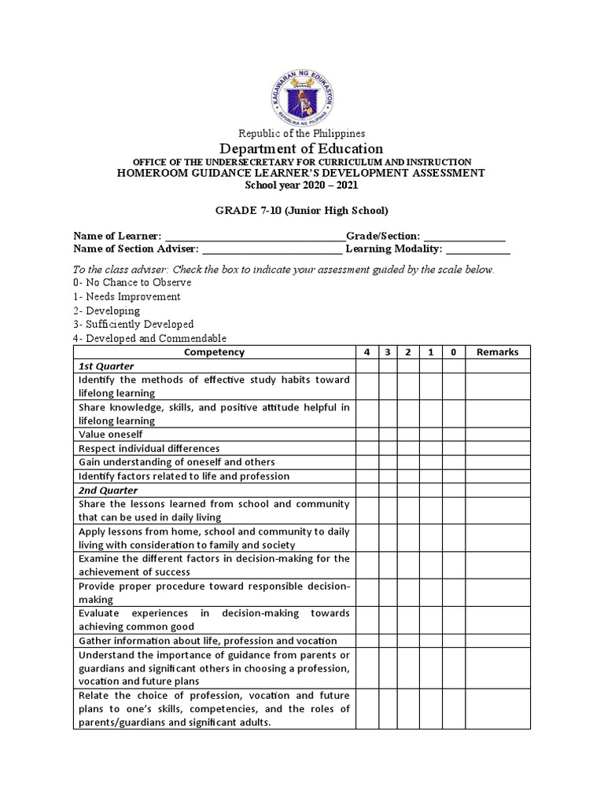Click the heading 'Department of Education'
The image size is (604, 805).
(x=302, y=149)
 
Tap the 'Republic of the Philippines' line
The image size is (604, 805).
(x=302, y=134)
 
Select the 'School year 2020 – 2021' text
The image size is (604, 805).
(x=302, y=185)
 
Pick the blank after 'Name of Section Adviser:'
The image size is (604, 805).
(x=272, y=250)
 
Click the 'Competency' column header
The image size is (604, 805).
(x=214, y=352)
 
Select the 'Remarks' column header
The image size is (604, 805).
(x=498, y=352)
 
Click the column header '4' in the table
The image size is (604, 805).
(x=366, y=352)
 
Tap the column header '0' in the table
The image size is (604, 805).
(x=453, y=352)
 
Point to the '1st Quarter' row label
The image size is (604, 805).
(x=106, y=366)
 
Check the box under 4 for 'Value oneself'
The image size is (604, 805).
(x=366, y=435)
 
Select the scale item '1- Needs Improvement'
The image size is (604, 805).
(x=127, y=296)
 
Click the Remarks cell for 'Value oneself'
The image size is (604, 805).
(x=498, y=435)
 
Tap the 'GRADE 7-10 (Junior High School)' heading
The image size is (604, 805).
(x=302, y=211)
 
